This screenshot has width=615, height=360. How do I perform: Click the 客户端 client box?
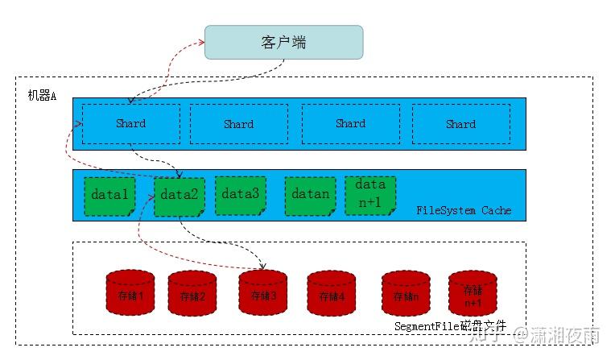(283, 42)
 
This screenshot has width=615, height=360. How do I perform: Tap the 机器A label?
(42, 96)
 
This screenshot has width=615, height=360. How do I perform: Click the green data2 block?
(179, 196)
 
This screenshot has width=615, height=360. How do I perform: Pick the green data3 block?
(240, 194)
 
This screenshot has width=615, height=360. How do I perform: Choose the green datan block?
(310, 194)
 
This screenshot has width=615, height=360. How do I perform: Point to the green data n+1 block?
(370, 194)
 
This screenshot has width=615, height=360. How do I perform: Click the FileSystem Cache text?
(464, 211)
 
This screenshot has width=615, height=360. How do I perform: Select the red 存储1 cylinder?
(130, 293)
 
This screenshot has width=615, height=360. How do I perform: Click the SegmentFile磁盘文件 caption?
(452, 326)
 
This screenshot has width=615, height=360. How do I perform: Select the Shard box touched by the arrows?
(130, 123)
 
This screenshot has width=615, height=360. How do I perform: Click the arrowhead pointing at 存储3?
(263, 267)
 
